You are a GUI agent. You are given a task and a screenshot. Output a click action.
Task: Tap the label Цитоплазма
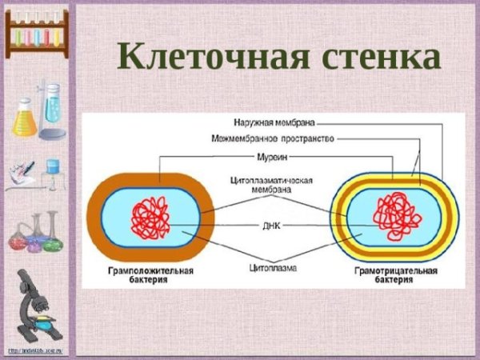click(x=273, y=268)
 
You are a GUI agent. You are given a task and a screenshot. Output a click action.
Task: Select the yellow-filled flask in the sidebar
click(x=25, y=120)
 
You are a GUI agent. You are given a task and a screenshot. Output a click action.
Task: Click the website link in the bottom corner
click(x=35, y=351)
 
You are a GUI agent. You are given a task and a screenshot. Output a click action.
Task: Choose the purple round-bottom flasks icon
click(x=35, y=232)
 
